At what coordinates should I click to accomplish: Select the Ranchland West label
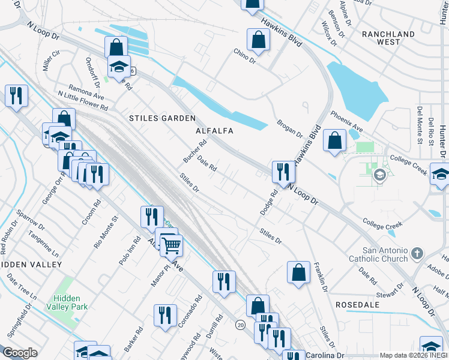coord(388,38)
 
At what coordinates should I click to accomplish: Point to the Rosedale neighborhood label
coord(357,305)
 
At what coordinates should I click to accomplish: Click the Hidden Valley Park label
coord(70,302)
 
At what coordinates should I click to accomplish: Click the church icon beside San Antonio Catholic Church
coord(419,254)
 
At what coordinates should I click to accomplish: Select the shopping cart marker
coord(172,244)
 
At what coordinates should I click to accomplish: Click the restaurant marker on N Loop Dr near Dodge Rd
coord(282,172)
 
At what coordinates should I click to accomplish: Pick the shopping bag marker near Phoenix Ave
coord(334,140)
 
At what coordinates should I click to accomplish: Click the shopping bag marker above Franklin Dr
coord(298,272)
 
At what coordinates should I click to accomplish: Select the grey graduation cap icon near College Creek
coord(379,175)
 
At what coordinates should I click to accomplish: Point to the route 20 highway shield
coord(241,325)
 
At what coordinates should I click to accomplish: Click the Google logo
coord(20,353)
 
